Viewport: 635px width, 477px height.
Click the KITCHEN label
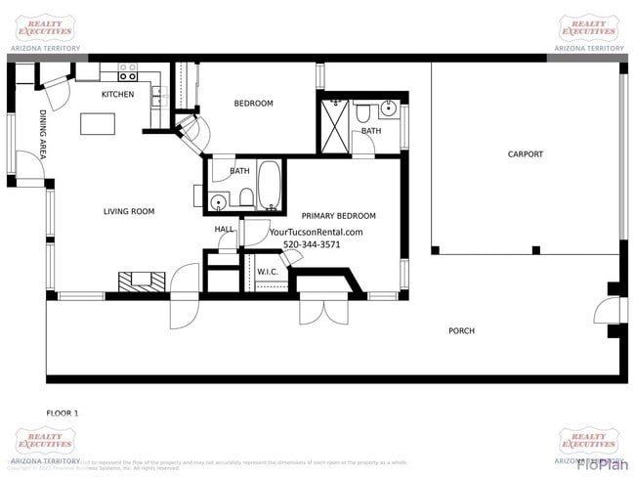click(117, 95)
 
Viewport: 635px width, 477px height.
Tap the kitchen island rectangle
click(98, 124)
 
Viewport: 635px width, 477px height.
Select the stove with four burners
click(127, 72)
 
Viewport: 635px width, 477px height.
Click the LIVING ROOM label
click(129, 211)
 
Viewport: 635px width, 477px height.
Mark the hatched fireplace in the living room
click(136, 281)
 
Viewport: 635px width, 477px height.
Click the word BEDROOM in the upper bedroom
click(253, 104)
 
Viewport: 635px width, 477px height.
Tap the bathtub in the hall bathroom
click(270, 186)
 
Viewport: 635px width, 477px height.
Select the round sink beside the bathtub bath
click(220, 202)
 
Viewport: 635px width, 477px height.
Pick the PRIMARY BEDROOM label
click(338, 216)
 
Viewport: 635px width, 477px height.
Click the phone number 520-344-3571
click(312, 244)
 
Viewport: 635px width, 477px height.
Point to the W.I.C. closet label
click(269, 271)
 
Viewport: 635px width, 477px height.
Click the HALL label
click(225, 229)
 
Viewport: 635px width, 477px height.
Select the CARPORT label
click(525, 154)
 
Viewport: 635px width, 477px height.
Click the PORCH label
click(461, 331)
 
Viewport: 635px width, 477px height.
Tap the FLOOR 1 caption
click(63, 413)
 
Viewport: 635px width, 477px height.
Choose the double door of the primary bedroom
click(322, 310)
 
